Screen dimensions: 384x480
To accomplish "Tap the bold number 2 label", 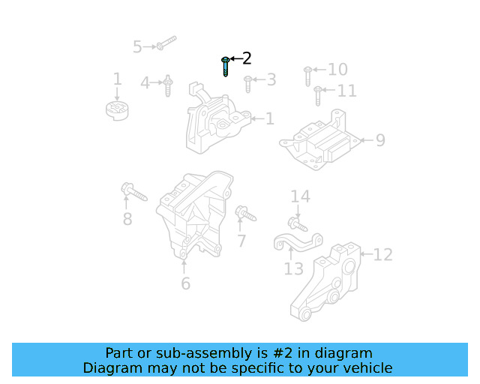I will (246, 58).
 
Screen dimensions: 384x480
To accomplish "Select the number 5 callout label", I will (137, 47).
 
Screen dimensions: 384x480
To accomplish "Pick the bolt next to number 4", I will (168, 85).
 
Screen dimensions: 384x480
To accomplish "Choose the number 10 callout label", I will (337, 70).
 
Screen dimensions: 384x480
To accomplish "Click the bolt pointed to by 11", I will (318, 95).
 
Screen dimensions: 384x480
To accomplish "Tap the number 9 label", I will (380, 140).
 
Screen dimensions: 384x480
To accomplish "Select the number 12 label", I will (382, 255).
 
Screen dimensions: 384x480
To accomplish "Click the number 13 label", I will (293, 268).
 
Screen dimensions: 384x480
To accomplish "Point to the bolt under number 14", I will (297, 223).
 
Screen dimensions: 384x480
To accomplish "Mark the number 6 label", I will (185, 283).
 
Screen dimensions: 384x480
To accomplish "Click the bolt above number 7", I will (245, 214).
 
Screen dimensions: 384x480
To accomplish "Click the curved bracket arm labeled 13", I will (297, 241).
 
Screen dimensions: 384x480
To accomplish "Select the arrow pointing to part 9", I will (365, 140).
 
